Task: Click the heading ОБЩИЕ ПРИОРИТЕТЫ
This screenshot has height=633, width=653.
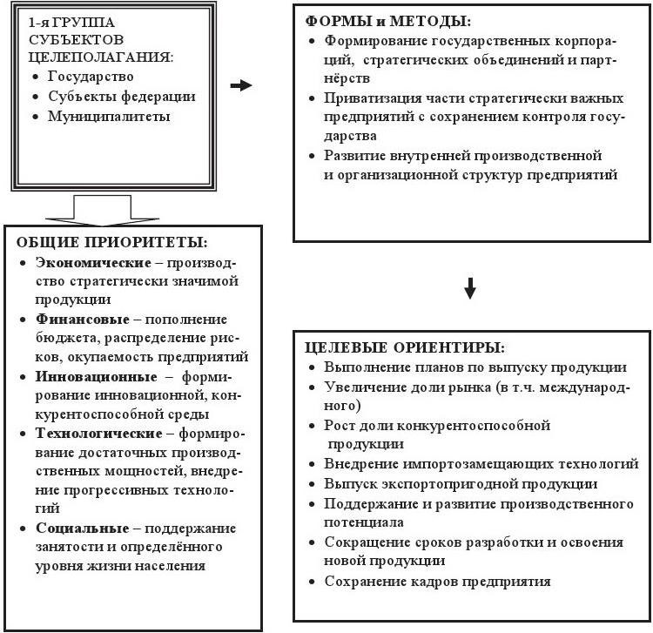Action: [116, 241]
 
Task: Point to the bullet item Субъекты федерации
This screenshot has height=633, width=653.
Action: [122, 97]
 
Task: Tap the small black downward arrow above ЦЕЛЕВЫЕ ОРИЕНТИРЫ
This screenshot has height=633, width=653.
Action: [470, 289]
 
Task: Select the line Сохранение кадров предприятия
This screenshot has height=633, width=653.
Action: [437, 582]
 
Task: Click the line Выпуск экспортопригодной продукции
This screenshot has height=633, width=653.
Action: [461, 483]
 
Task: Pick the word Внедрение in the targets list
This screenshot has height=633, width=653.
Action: [360, 464]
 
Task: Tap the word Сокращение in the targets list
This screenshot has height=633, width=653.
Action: [367, 542]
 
